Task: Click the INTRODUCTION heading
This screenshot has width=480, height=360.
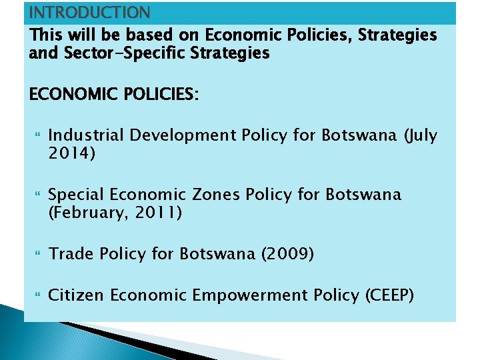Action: pos(90,12)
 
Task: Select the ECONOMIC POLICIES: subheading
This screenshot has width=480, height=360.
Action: pos(114,95)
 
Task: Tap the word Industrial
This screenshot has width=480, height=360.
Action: pos(86,135)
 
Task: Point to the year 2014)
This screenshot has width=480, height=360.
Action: pos(72,154)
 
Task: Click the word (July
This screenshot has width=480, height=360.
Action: pos(420,135)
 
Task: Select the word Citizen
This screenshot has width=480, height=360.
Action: pos(76,295)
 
